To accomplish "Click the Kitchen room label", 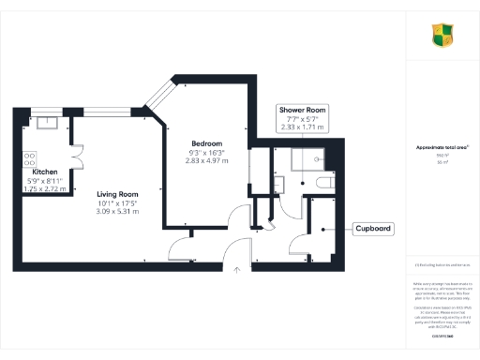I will (x=47, y=172).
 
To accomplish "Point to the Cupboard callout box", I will (x=374, y=229).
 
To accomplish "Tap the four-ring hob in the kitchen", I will (x=29, y=158).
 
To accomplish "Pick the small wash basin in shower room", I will (x=280, y=181).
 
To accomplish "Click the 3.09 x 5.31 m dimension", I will (x=118, y=212).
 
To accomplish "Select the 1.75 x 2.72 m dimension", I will (x=47, y=189).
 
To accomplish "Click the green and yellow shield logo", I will (x=442, y=36).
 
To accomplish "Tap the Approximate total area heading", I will (x=442, y=147).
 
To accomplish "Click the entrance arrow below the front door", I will (x=238, y=269).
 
